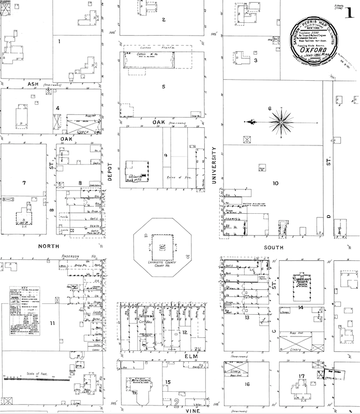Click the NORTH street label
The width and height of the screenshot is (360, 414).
coord(49,246)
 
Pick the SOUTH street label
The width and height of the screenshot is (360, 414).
coord(274,247)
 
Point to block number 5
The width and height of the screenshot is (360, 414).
coord(163,86)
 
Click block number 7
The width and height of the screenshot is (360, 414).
coord(24,183)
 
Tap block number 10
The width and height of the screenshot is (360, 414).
coord(275,183)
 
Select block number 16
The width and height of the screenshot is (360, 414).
coord(247,384)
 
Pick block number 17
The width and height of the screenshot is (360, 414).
coord(301,376)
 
